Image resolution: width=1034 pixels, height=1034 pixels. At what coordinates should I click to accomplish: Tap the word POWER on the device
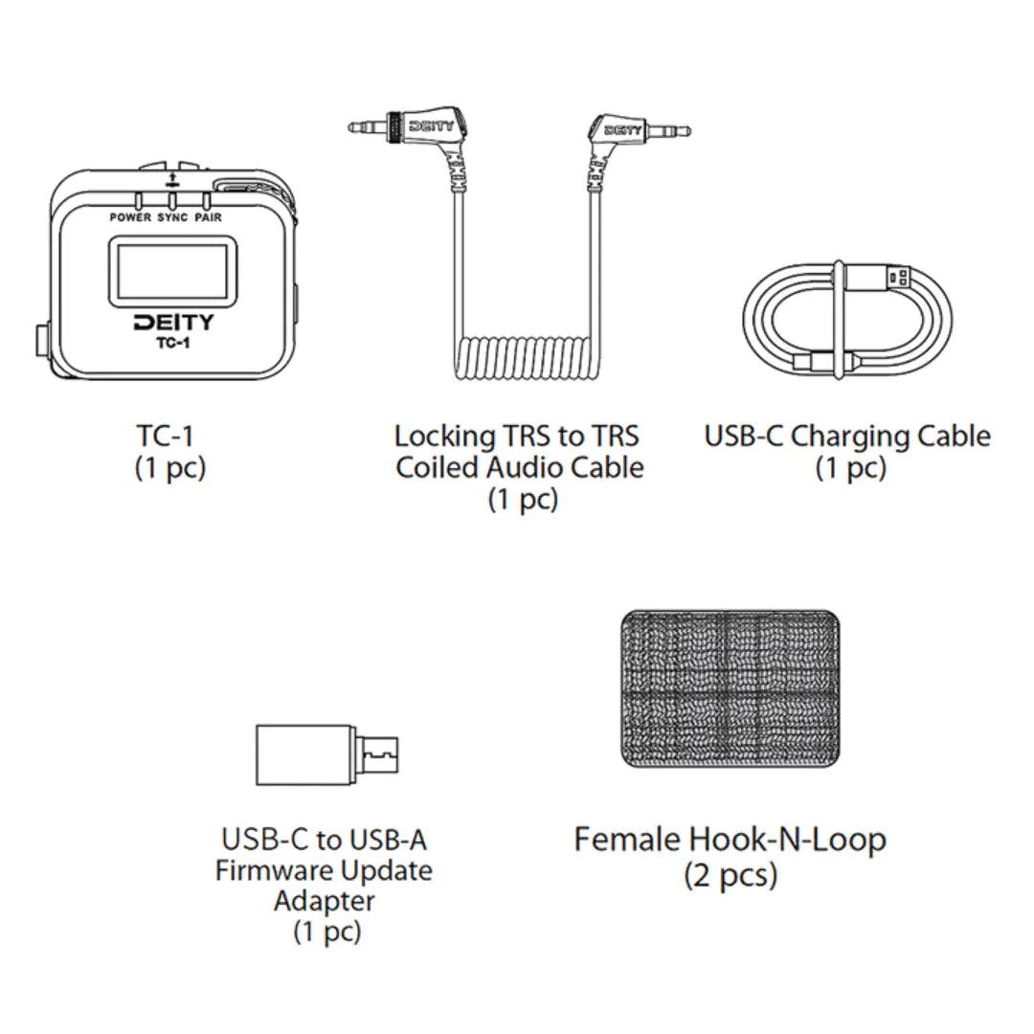click(130, 217)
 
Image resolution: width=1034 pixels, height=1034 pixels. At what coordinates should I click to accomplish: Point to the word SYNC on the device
click(172, 217)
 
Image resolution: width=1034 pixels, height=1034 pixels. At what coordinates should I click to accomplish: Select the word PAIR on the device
click(209, 217)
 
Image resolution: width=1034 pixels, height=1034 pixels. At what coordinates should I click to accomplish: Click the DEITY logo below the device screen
click(174, 323)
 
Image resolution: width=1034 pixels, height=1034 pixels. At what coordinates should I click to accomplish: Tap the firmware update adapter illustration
click(327, 755)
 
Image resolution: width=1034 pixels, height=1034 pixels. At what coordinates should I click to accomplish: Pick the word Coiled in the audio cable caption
click(438, 467)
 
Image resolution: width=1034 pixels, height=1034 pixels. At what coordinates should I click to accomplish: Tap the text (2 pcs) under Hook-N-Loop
click(731, 876)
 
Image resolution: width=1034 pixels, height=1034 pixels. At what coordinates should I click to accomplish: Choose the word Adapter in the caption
click(325, 902)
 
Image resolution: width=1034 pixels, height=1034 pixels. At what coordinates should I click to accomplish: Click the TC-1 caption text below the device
click(165, 436)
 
